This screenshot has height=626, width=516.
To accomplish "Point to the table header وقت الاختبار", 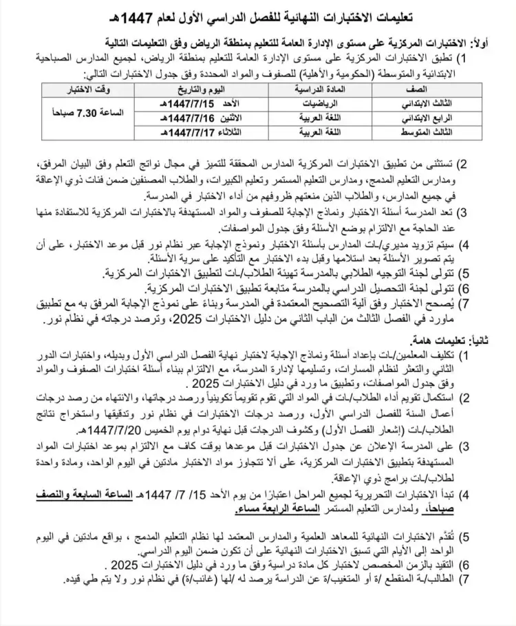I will tap(89, 91).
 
